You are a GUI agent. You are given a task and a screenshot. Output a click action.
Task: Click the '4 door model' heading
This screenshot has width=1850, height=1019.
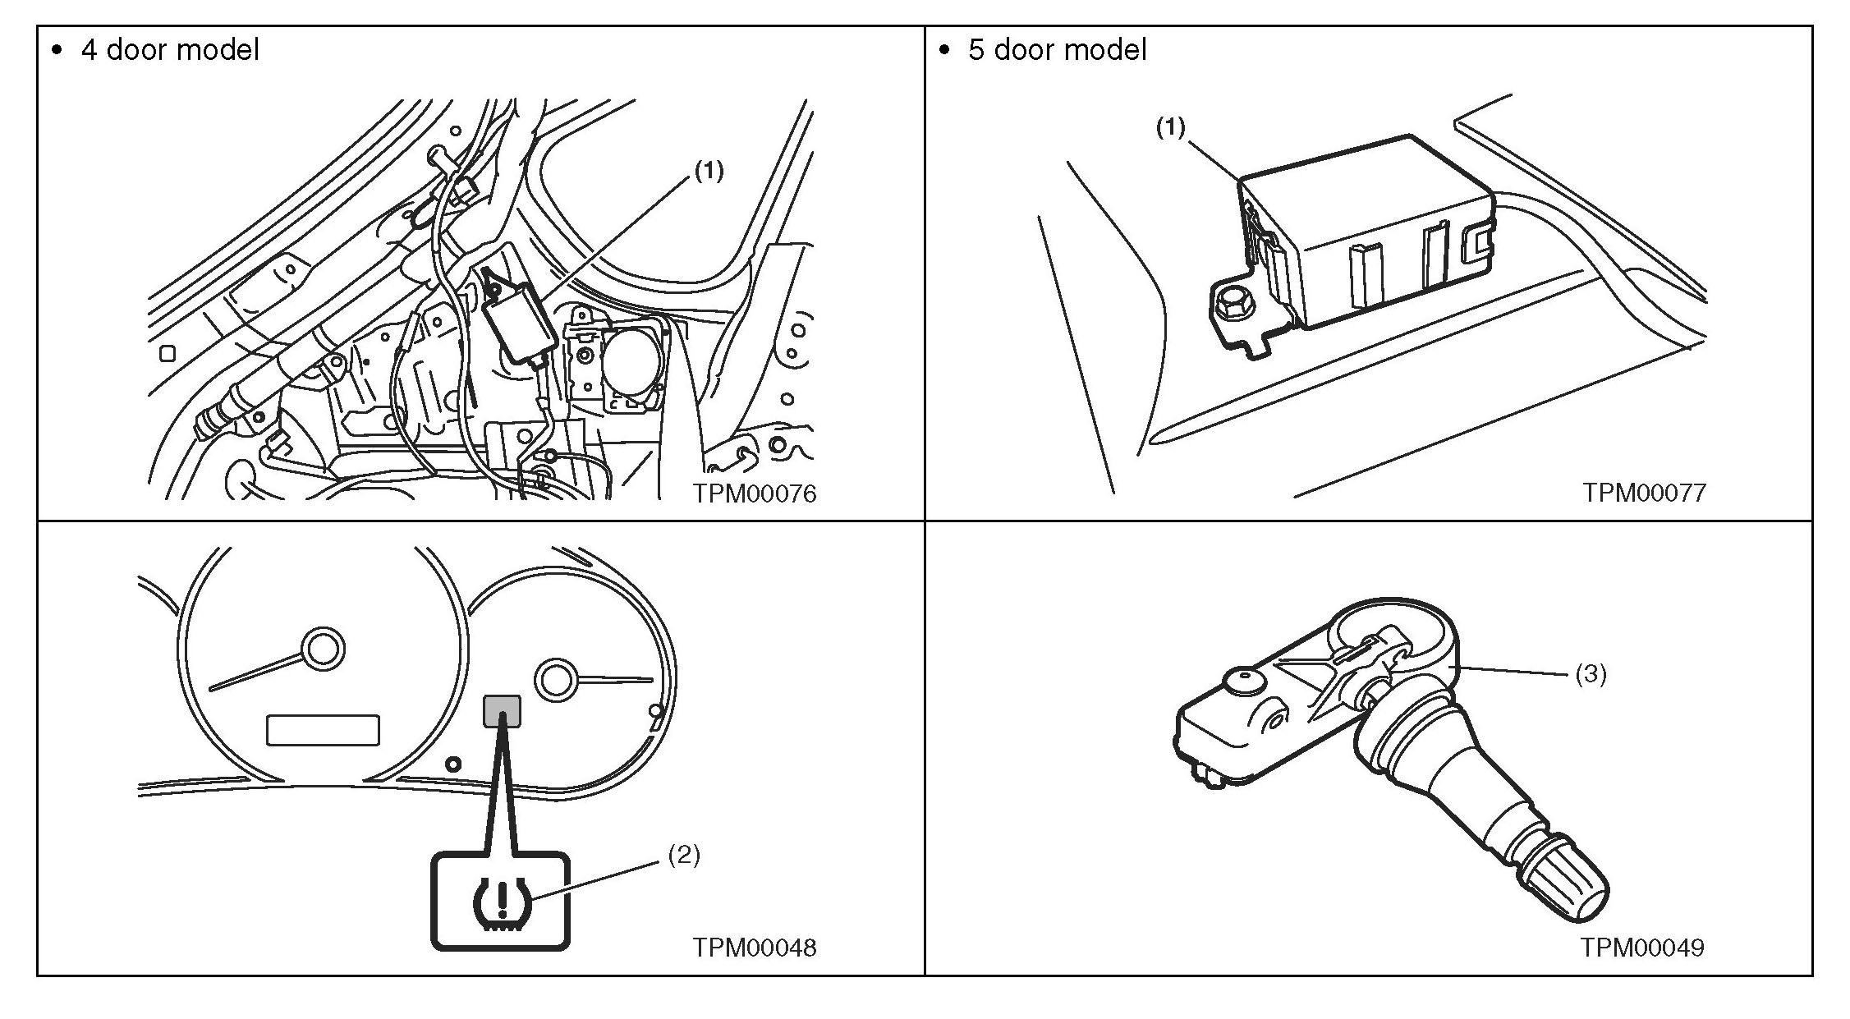(169, 50)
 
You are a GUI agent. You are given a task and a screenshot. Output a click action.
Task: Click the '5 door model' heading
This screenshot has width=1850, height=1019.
(1057, 50)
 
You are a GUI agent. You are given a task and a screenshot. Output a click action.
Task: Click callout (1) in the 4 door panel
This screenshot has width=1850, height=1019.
(709, 171)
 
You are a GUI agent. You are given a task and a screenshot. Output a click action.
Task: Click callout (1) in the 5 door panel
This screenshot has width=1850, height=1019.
(1171, 127)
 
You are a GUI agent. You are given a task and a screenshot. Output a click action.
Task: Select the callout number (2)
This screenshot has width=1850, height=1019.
(683, 855)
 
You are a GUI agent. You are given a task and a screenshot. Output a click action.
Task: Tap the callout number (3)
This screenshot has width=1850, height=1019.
(1591, 674)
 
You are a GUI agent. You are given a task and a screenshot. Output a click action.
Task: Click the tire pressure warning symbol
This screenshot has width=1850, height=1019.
(500, 904)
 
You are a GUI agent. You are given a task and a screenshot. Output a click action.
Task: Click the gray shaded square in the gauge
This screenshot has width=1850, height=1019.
(503, 711)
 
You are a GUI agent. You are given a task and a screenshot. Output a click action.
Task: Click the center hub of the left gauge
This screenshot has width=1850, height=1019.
(323, 649)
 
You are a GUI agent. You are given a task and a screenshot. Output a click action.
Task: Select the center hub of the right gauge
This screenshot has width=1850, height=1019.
(556, 679)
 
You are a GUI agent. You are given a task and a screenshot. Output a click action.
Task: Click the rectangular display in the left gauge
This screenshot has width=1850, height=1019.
(323, 730)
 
